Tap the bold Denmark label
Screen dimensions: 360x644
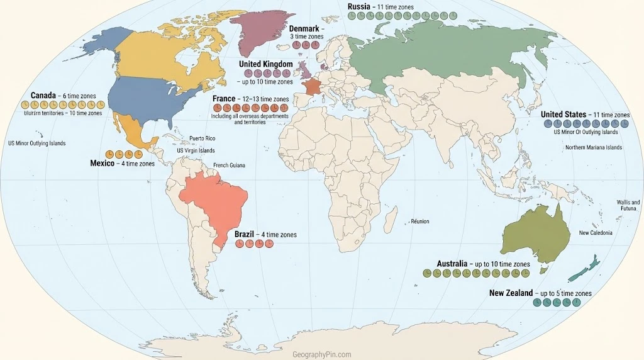(x=304, y=28)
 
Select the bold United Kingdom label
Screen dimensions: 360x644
(x=265, y=64)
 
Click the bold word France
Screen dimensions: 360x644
(x=224, y=99)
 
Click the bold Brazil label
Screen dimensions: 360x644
(x=244, y=234)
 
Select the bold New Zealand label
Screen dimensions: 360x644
(x=511, y=293)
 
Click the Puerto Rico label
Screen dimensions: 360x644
(x=202, y=138)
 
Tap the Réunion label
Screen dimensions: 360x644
(x=419, y=222)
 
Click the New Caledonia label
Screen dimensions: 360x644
(x=595, y=233)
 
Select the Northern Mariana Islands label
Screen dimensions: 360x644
(x=593, y=147)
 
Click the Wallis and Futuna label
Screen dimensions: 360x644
(x=628, y=206)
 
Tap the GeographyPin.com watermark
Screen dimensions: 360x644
(x=322, y=354)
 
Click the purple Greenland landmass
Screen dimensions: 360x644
(x=258, y=28)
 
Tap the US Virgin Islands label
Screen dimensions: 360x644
(x=196, y=151)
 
